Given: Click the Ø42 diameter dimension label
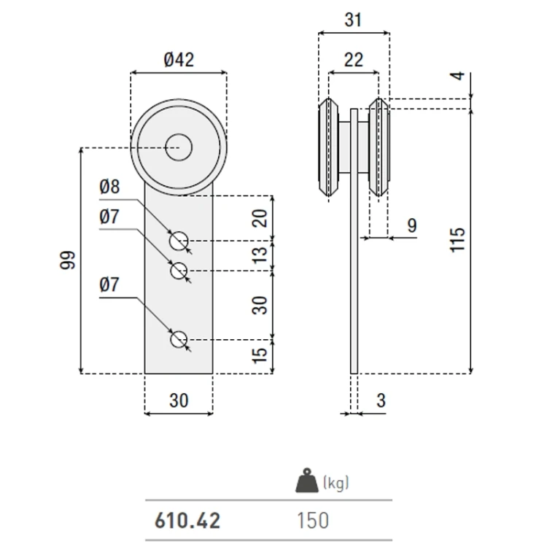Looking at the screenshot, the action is [x=179, y=60].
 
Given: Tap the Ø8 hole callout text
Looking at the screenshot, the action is [x=109, y=187].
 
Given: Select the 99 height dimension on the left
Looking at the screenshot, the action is [x=68, y=260].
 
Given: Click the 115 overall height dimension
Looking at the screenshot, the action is [x=457, y=240].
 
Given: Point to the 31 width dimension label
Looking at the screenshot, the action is [x=353, y=20].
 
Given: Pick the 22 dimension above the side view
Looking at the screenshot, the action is [x=354, y=60].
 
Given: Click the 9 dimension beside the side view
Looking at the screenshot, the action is [x=412, y=225].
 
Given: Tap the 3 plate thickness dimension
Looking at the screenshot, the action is [x=381, y=400].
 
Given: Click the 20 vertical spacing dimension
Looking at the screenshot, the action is [x=260, y=218].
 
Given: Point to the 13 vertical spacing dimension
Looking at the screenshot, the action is [x=260, y=256].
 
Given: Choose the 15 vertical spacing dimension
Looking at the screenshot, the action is [x=260, y=355].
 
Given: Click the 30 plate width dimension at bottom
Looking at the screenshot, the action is [x=179, y=400].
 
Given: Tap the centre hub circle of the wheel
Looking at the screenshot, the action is [x=179, y=147].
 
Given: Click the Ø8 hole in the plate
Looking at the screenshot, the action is [x=179, y=241].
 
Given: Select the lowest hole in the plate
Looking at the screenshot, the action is [x=179, y=339].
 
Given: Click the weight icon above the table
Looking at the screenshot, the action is [x=307, y=481].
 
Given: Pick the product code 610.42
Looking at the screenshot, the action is [x=187, y=521].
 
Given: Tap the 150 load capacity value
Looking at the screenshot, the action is [x=313, y=521].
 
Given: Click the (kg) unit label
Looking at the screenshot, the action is [x=336, y=484].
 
